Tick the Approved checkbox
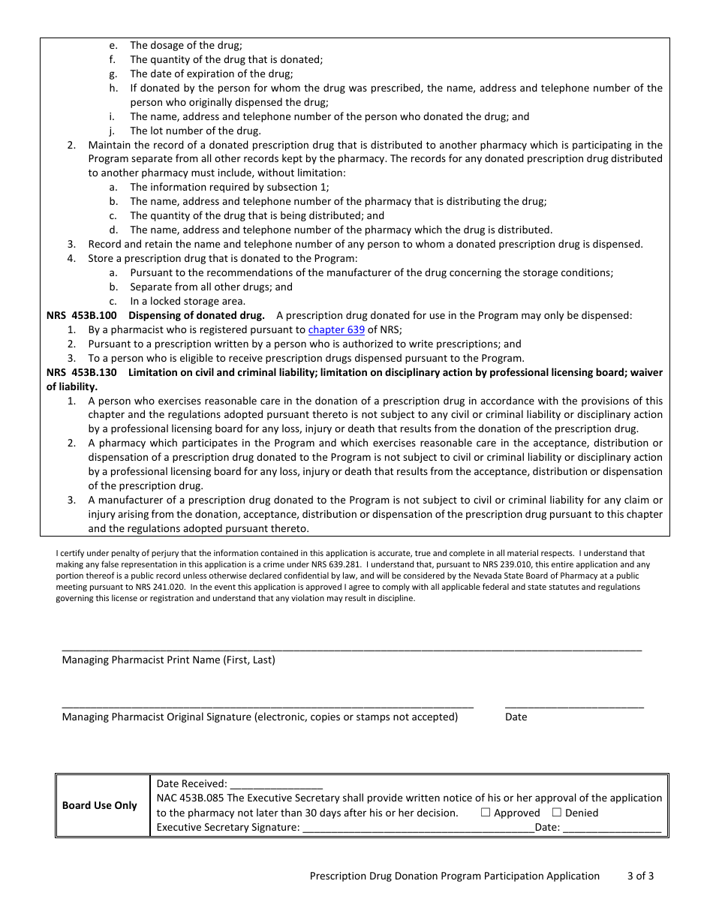click(486, 813)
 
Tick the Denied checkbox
click(557, 813)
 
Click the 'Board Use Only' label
click(100, 805)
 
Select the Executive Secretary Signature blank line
click(417, 828)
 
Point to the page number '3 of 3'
click(640, 876)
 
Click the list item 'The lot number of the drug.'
click(185, 131)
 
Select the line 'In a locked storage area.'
click(176, 301)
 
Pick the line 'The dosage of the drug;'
click(186, 46)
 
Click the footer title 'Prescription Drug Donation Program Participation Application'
click(455, 876)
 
